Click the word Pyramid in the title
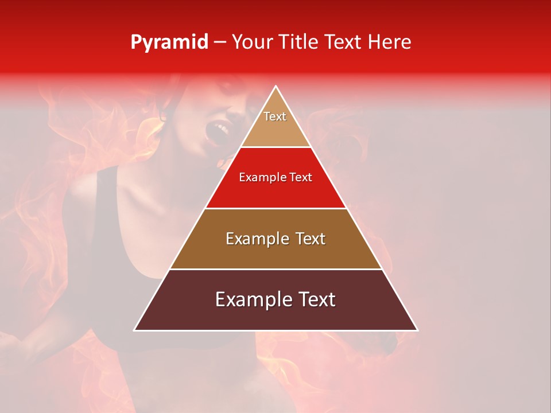click(169, 42)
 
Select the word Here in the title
click(389, 42)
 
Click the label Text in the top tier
click(275, 116)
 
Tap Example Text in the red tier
click(275, 177)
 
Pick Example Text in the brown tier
click(275, 239)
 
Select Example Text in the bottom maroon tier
click(275, 299)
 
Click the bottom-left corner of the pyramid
click(135, 330)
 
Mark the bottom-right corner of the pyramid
click(417, 330)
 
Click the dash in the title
click(220, 42)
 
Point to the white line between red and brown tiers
click(275, 208)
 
